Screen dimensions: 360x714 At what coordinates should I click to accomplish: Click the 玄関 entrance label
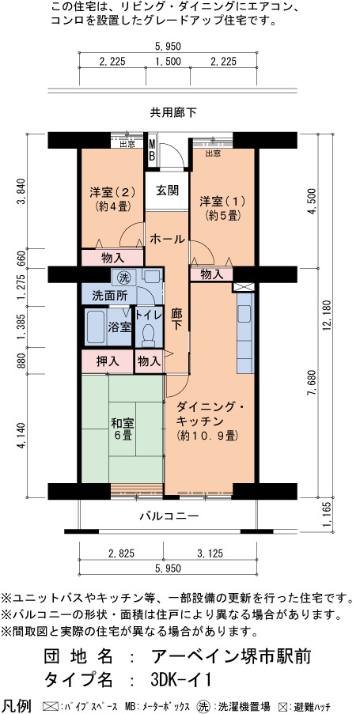click(x=167, y=191)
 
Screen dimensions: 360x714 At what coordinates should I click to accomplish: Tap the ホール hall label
click(x=167, y=239)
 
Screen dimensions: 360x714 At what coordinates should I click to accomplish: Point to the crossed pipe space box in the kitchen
click(x=239, y=287)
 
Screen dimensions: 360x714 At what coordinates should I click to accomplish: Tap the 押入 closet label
click(x=108, y=361)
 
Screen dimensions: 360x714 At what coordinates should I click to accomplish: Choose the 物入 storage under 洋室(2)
click(x=113, y=258)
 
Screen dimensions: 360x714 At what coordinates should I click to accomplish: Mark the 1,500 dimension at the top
click(x=169, y=62)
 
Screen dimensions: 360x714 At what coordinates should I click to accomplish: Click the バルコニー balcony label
click(x=169, y=516)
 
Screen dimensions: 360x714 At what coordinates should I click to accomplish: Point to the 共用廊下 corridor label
click(x=173, y=112)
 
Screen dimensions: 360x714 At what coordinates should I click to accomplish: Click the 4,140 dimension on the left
click(x=21, y=436)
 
